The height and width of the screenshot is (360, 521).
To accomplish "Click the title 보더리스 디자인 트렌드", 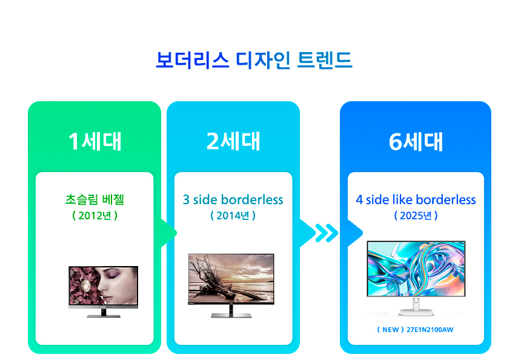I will (x=254, y=61).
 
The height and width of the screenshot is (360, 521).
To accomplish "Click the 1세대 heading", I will (x=95, y=141).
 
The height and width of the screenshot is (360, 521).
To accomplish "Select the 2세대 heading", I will (x=233, y=141).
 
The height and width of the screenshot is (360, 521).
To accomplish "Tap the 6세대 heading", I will (x=416, y=141).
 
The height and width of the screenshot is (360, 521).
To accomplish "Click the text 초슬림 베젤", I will (x=95, y=199).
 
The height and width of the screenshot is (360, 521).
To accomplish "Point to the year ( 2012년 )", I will (x=95, y=215).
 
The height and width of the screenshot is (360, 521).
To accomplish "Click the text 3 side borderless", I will (x=233, y=199).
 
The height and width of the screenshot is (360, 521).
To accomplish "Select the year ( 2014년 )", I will (x=233, y=215).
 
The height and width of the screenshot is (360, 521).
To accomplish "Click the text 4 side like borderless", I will (x=416, y=199).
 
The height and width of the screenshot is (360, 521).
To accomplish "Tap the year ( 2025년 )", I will (x=416, y=215).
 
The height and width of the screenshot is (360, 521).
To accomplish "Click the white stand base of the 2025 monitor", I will (x=416, y=312).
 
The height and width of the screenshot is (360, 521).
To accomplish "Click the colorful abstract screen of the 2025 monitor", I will (x=416, y=268).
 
